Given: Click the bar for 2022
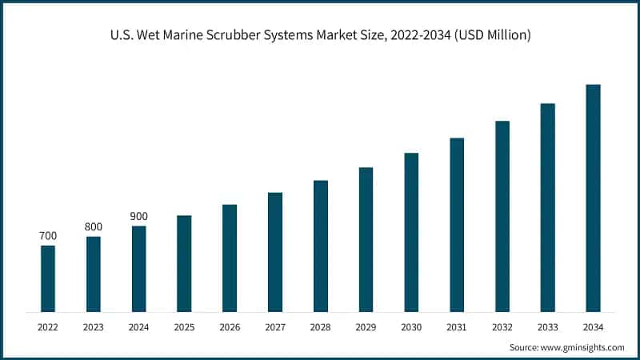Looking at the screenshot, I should (x=48, y=278).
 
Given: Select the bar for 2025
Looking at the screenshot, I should (x=184, y=263).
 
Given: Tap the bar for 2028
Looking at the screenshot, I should (x=321, y=246).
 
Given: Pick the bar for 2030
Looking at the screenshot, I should (x=411, y=232).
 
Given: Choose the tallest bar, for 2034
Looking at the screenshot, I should (x=593, y=198).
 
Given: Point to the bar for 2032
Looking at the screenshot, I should (x=502, y=216).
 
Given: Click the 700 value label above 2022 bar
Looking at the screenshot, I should (x=48, y=236).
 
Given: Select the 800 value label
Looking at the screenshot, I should (x=94, y=227).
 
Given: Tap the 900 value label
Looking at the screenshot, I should (x=139, y=217).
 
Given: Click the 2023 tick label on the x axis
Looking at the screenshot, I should (x=94, y=326).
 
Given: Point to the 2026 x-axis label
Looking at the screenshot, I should (x=230, y=326).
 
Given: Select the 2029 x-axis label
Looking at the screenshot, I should (x=366, y=326).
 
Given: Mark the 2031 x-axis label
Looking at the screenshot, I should (x=457, y=326).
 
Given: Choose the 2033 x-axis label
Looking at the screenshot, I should (x=547, y=326).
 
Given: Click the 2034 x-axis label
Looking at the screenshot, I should (x=593, y=326).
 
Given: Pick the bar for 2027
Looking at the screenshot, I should (x=275, y=252).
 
